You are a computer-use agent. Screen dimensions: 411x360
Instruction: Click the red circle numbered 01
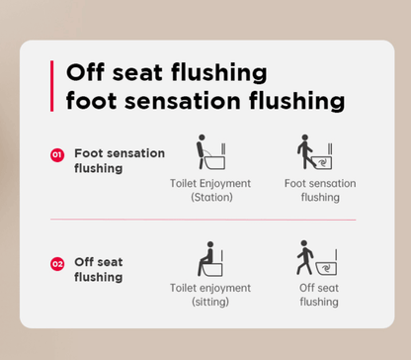(x=57, y=155)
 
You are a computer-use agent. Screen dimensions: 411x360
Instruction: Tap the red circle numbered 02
(x=57, y=264)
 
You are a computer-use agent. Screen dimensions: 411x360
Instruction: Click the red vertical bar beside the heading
(x=51, y=86)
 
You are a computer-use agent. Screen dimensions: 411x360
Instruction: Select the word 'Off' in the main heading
(x=85, y=72)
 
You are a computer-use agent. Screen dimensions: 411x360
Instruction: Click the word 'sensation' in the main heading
(x=183, y=101)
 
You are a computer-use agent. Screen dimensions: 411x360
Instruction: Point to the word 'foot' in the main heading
(x=91, y=100)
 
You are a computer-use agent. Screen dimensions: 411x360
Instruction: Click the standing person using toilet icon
(x=210, y=152)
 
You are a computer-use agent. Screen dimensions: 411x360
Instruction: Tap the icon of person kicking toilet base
(x=315, y=152)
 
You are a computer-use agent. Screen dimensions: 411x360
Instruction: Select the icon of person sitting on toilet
(x=210, y=259)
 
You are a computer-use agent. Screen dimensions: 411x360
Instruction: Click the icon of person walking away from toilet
(x=316, y=258)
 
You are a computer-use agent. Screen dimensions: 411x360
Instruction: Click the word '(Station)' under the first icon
(x=211, y=197)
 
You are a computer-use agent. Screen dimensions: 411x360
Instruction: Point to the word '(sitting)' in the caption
(x=210, y=302)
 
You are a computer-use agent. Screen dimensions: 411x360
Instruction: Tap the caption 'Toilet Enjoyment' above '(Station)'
(x=210, y=183)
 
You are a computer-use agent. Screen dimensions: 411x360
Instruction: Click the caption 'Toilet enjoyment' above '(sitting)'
(x=210, y=288)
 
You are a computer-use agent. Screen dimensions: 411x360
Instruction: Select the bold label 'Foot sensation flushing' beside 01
(x=120, y=160)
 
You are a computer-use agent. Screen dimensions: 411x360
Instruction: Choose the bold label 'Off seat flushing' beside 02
(x=99, y=269)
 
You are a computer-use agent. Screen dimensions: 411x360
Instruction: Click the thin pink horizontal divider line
(x=204, y=220)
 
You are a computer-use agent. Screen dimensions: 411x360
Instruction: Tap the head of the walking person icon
(x=304, y=243)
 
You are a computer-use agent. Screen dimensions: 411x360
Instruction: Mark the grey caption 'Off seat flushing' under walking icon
(x=319, y=295)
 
